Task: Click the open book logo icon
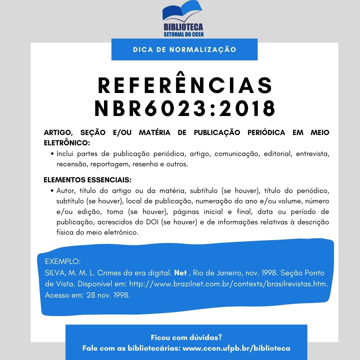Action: pos(182,12)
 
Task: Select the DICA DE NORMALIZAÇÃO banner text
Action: pos(184,50)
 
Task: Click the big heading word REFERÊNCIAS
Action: pos(185,86)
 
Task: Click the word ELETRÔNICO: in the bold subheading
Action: pos(67,143)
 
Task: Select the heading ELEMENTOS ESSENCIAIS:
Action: pos(88,180)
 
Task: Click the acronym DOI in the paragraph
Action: pos(152,222)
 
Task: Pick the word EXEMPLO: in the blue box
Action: pos(63,261)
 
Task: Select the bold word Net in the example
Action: pos(180,273)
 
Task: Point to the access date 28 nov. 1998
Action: pos(108,295)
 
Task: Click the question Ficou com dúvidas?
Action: pos(186,337)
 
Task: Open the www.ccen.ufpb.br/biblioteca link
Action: pos(237,348)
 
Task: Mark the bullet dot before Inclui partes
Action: pos(53,154)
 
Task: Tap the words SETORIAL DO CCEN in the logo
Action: pos(183,34)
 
